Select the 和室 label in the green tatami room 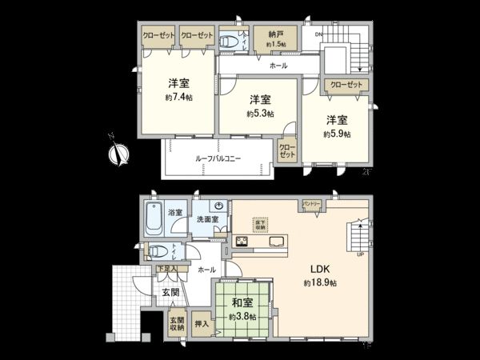tap(243, 303)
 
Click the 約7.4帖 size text tap(179, 97)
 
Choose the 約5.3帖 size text tap(258, 114)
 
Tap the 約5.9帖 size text tap(337, 134)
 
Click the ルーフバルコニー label tap(218, 159)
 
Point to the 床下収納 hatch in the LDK tap(260, 226)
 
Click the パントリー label tap(311, 206)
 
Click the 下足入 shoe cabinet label tap(167, 269)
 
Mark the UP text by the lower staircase tap(360, 255)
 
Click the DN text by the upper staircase tap(318, 34)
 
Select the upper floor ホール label tap(278, 66)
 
